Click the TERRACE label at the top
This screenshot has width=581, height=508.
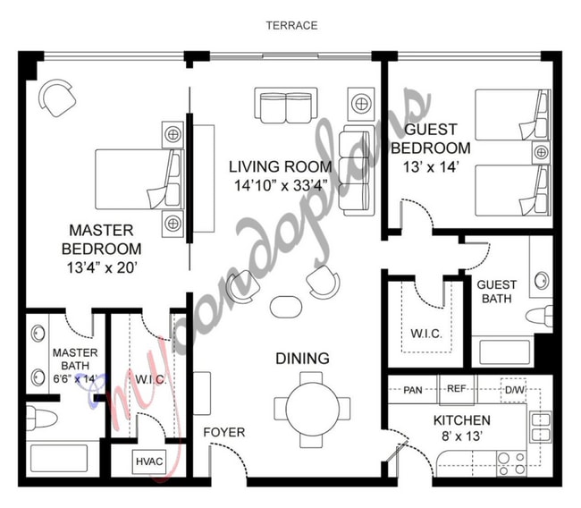(x=290, y=25)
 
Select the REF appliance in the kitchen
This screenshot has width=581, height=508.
(x=457, y=390)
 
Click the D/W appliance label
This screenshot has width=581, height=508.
(x=514, y=390)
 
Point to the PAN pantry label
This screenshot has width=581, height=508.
(x=413, y=390)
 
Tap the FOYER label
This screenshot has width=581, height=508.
(x=223, y=432)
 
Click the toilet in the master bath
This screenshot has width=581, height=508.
(x=42, y=418)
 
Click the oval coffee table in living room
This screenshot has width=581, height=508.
(x=286, y=305)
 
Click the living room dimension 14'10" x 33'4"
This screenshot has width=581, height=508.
(x=280, y=185)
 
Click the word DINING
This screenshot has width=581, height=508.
(x=301, y=359)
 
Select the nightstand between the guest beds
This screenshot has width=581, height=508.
(x=541, y=153)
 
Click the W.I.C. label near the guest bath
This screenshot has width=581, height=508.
(x=425, y=334)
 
